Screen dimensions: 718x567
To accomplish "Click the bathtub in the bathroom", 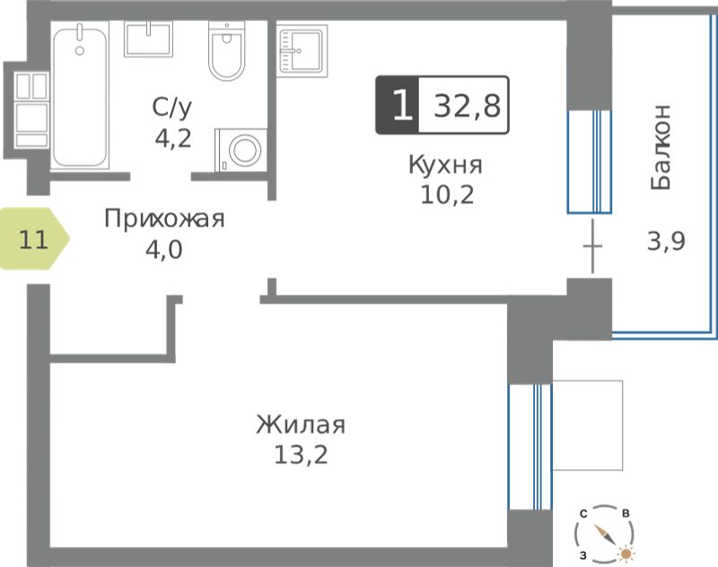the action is pos(80,95).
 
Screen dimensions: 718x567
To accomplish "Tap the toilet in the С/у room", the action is pos(227,50).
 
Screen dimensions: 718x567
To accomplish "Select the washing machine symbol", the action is pos(241,150).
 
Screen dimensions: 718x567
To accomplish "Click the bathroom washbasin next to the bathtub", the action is pos(148,39).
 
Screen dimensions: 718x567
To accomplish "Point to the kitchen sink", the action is pos(302,51).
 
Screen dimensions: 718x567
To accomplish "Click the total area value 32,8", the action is pos(467,106).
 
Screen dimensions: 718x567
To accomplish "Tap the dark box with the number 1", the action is pos(397,105).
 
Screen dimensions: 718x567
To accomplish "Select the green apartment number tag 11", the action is pos(34,239).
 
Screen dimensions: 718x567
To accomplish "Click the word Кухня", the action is pos(445,165).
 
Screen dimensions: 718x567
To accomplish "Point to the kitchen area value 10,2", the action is pos(447,195).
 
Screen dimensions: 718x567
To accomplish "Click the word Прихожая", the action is pos(164,219).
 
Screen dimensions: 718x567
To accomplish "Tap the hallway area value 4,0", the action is pos(164,250).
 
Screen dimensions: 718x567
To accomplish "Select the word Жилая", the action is pos(301,425).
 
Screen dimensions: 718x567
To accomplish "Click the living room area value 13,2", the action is pos(301,456).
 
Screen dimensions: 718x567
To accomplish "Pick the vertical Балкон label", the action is pos(661,146).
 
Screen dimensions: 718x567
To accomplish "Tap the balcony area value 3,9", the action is pos(666,241).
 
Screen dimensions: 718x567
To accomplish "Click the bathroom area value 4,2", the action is pos(172,138).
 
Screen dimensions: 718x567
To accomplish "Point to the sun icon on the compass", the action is pos(626,554).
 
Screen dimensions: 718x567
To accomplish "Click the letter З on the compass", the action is pos(582,556).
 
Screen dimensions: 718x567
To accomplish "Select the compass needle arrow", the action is pos(605,534).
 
